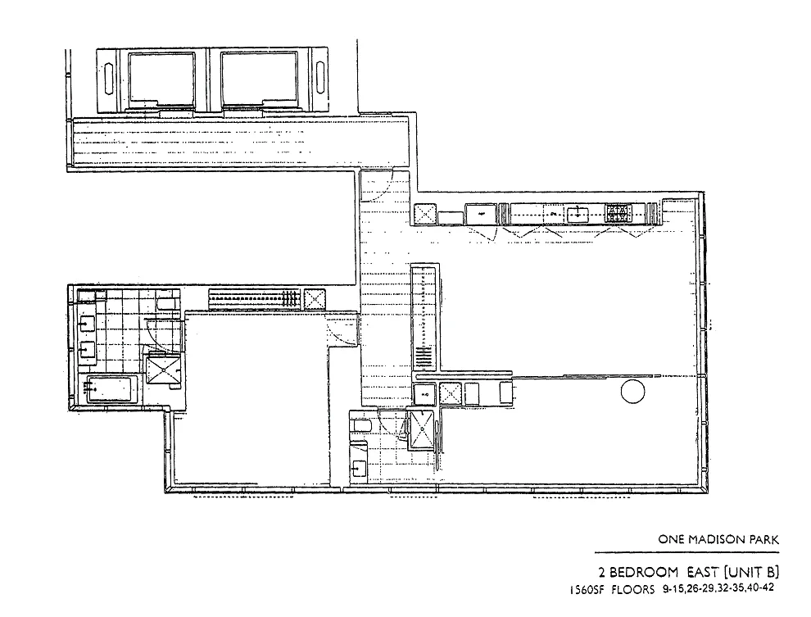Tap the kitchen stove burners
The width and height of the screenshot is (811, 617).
(x=618, y=214)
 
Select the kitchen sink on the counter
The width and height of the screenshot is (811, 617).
(x=577, y=214)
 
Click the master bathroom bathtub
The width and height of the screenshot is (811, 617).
(x=111, y=388)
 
